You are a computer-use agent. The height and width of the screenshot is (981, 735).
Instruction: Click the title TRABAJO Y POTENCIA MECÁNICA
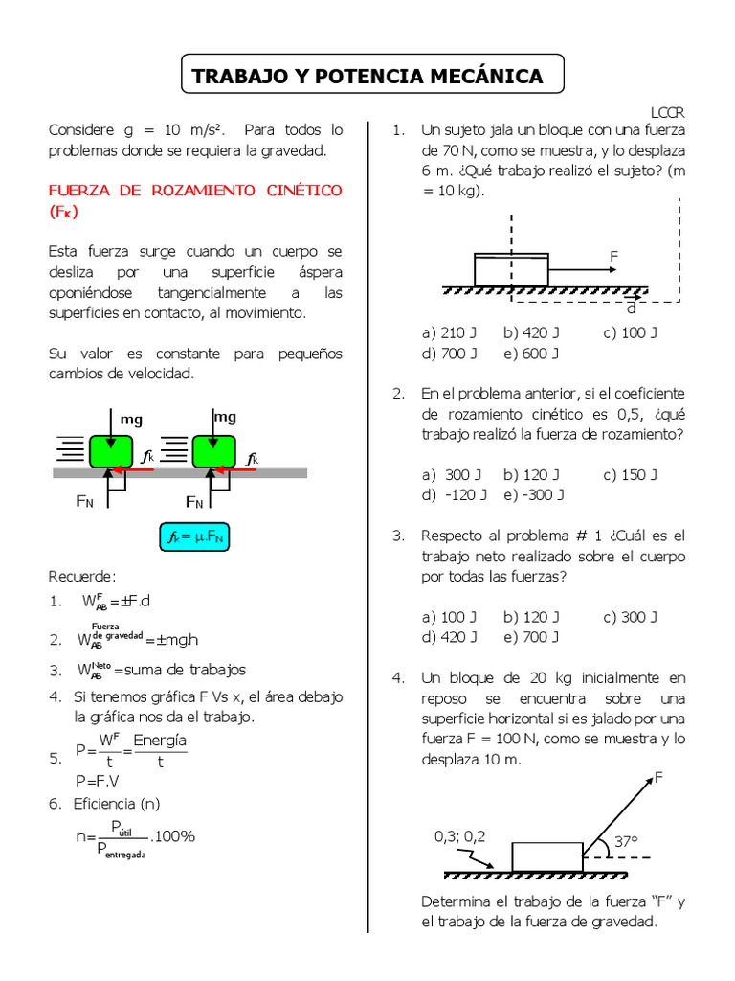coord(367,77)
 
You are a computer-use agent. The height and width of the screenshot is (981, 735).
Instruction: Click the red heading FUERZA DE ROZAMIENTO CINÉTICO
coord(195,191)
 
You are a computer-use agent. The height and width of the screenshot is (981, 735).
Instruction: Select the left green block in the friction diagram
coord(111,451)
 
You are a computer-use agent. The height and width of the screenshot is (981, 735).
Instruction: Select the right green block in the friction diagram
coord(214,451)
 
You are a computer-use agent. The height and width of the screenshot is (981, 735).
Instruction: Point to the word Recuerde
coord(81,576)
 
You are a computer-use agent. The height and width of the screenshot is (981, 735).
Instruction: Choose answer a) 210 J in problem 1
coord(449,333)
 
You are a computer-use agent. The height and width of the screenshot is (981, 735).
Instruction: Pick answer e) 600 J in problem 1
coord(530,354)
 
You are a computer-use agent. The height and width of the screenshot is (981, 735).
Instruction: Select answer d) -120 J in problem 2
coord(454,495)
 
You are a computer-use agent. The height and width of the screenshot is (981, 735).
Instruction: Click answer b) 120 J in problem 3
coord(531,617)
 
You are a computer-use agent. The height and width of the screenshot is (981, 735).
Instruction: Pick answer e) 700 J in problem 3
coord(530,637)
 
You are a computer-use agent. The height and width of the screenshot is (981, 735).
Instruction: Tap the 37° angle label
coord(625,841)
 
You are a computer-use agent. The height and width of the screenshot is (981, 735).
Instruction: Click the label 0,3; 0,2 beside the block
coord(459,836)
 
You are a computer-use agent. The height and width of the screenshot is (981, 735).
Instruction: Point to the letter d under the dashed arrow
coord(631,308)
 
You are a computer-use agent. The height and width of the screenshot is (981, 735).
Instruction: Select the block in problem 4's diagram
coord(546,856)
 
